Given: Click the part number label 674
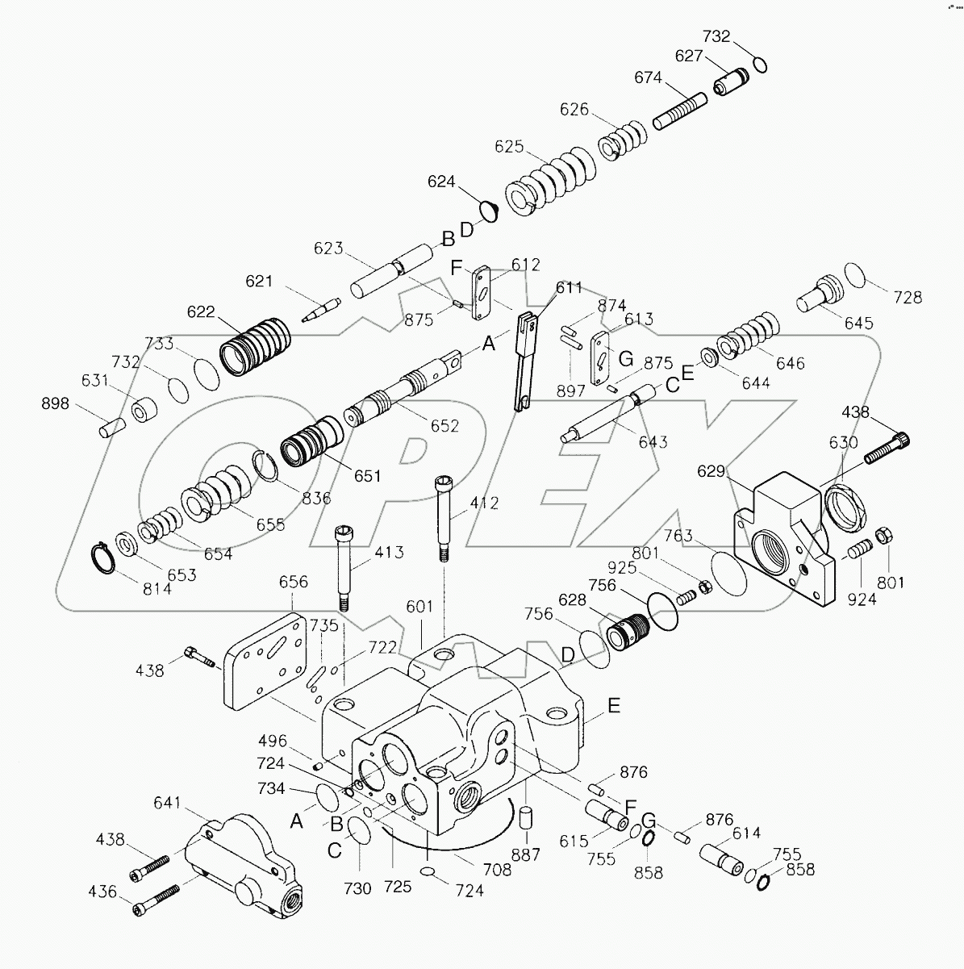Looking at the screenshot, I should [x=648, y=78].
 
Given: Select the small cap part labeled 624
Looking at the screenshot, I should [x=488, y=210].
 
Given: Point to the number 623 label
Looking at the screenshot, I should [x=329, y=249].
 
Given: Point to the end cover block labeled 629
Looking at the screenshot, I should [x=782, y=537].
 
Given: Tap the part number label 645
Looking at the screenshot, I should [x=858, y=323].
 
